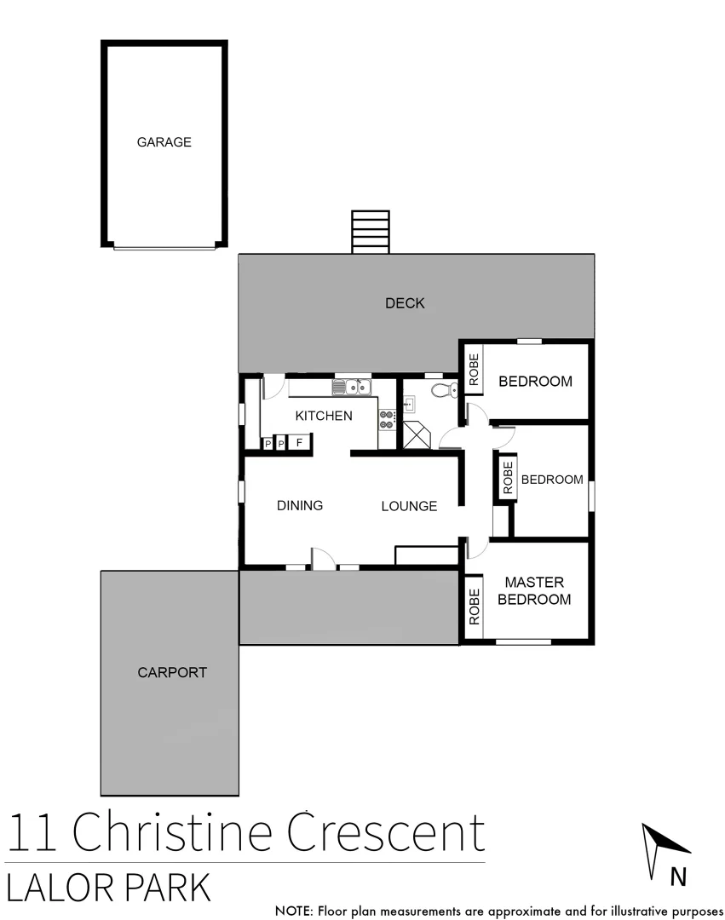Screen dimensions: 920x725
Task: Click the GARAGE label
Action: click(164, 142)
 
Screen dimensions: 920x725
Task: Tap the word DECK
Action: click(405, 303)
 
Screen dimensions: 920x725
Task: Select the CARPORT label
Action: click(172, 672)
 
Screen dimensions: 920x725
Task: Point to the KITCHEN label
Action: click(323, 416)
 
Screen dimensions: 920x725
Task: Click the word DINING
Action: click(300, 505)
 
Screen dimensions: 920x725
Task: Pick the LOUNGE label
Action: click(409, 506)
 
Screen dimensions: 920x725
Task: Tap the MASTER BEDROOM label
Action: click(534, 590)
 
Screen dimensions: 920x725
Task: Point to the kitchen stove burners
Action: click(388, 418)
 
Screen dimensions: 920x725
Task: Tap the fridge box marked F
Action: click(299, 443)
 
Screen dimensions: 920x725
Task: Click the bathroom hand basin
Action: click(409, 402)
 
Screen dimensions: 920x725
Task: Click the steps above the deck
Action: click(371, 232)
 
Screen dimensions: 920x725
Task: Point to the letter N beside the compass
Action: click(678, 877)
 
